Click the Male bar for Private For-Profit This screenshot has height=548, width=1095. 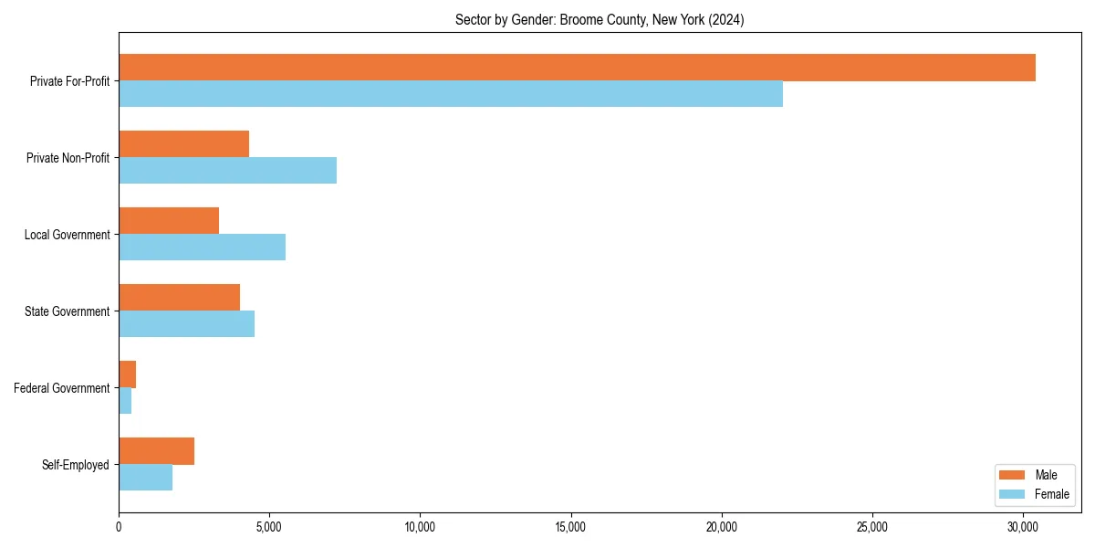coord(577,68)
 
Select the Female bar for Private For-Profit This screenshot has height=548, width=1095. coord(451,94)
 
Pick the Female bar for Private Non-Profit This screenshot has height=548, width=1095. coord(227,171)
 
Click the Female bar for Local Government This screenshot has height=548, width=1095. coord(202,248)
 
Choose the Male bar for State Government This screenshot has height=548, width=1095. coord(179,298)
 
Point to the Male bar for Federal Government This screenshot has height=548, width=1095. coord(127,374)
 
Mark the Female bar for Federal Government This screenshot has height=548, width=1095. coord(125,401)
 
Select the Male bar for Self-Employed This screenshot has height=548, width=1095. coord(156,451)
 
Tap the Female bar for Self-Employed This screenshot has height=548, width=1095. coord(145,478)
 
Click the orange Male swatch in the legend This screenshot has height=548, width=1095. coord(1012,475)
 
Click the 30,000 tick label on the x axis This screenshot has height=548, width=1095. coord(1023,527)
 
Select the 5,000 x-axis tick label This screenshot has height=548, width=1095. coord(269,527)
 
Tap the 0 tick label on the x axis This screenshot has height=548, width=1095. coord(119,527)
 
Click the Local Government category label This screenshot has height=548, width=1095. coord(67,235)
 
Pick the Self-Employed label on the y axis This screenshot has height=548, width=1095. coord(75,465)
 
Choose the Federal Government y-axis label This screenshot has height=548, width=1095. coord(61,388)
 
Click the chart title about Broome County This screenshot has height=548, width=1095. coord(600,20)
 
